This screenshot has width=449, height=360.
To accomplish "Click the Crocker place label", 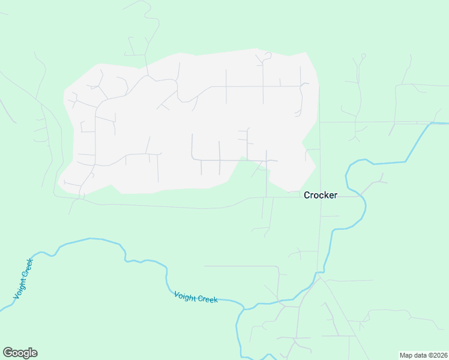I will tap(321, 195).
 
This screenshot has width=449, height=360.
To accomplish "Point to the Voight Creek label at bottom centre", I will tap(196, 297).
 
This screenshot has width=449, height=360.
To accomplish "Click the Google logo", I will tap(20, 353).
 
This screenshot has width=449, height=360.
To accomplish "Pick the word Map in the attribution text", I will tap(407, 355).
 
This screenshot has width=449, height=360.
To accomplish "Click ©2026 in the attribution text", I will tap(436, 355).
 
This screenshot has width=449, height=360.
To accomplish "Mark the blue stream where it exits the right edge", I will tap(447, 124).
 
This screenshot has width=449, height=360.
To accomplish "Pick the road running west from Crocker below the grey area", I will tap(180, 207).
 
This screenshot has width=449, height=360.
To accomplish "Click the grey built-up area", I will tap(180, 120).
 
